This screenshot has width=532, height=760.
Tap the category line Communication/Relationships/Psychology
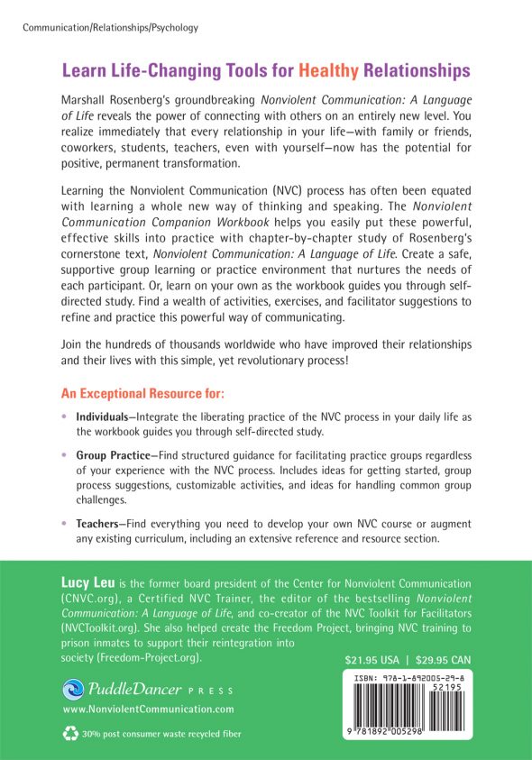click(109, 28)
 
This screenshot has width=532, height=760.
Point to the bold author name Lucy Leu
click(93, 583)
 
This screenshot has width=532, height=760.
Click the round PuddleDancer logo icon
click(76, 690)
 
